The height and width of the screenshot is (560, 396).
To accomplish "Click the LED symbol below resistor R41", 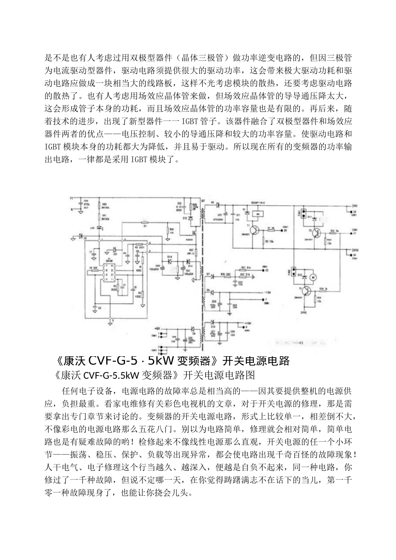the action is click(100, 228).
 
